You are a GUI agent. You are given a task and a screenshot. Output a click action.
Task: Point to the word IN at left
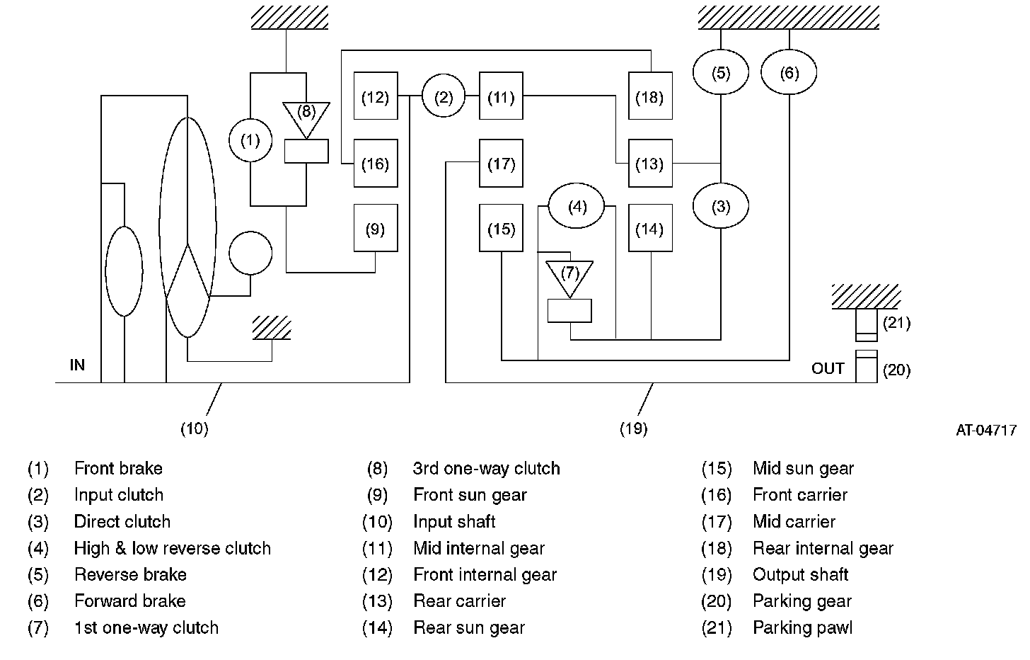77,365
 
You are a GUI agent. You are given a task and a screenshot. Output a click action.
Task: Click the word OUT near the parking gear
828,369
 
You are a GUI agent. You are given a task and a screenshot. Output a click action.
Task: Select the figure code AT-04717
986,431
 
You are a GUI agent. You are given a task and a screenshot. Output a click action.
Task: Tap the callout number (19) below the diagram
634,429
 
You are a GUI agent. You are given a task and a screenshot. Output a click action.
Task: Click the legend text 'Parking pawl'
802,628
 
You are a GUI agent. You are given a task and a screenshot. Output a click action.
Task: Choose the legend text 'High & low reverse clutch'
173,548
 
